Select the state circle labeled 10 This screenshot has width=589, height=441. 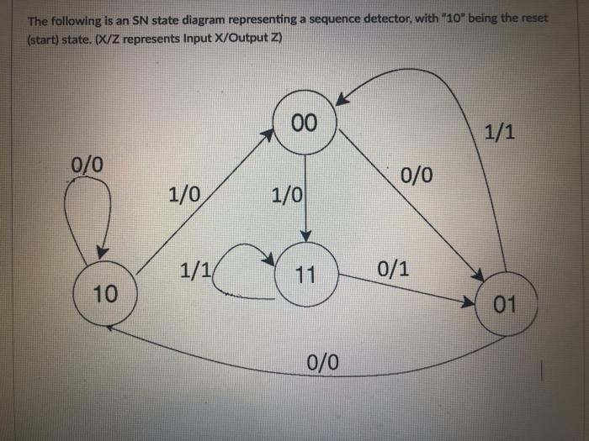(x=106, y=293)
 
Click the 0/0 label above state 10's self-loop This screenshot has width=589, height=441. (x=88, y=164)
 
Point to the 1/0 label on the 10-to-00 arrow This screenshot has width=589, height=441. (x=183, y=195)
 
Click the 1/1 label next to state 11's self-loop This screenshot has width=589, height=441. (x=196, y=270)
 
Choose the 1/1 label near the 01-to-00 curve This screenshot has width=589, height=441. (x=501, y=132)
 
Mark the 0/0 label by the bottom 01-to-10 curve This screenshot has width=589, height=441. (x=323, y=362)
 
